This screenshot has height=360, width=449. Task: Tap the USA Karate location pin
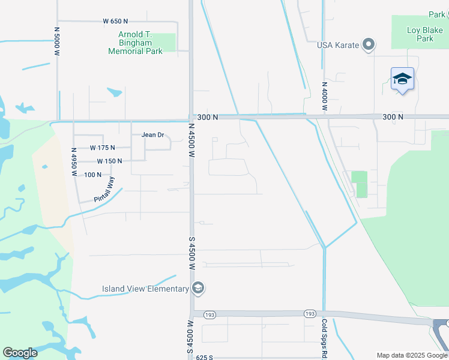[x=369, y=45]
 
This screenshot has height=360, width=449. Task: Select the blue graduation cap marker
[x=402, y=79]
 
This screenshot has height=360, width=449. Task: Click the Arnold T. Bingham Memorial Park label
[x=136, y=43]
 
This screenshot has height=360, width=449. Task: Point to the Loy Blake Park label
[x=420, y=34]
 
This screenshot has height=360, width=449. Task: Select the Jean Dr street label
[x=153, y=135]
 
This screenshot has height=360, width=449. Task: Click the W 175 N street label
[x=102, y=147]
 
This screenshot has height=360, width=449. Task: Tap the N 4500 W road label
[x=192, y=140]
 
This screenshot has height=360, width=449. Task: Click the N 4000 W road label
[x=324, y=97]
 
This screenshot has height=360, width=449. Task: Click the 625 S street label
[x=204, y=357]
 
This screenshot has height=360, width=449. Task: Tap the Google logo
[x=20, y=352]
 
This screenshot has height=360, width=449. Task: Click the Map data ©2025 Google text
[x=412, y=355]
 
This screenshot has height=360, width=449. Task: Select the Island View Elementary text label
[x=145, y=289]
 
